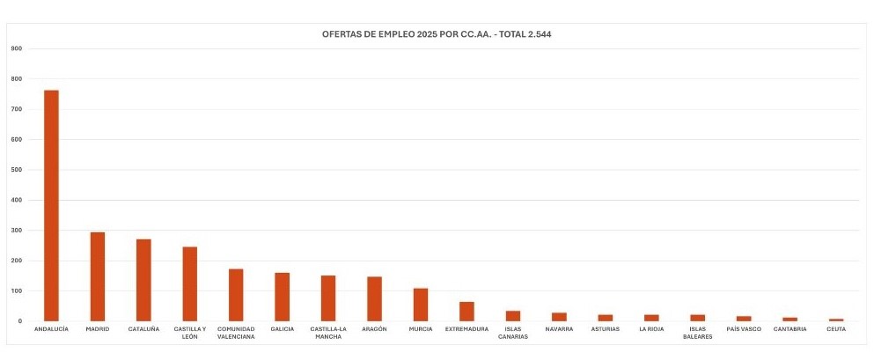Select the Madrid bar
(x=98, y=276)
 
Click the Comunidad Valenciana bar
(x=236, y=295)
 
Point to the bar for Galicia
(x=282, y=297)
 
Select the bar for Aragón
(x=374, y=298)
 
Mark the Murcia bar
(x=421, y=305)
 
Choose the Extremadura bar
(x=466, y=312)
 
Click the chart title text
(x=437, y=34)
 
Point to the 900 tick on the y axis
(x=16, y=48)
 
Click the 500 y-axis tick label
(x=16, y=170)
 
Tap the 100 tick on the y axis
(x=16, y=290)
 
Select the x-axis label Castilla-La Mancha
(x=328, y=333)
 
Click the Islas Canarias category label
(x=513, y=333)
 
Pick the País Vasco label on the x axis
(x=744, y=329)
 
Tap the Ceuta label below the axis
(x=836, y=329)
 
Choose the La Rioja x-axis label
(x=651, y=329)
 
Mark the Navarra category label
(x=559, y=329)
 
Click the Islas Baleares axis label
(x=697, y=333)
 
